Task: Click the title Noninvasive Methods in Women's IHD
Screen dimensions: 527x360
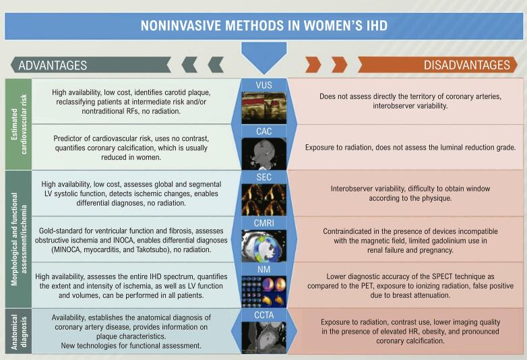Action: click(x=263, y=26)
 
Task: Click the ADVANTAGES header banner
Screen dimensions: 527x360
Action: click(x=91, y=65)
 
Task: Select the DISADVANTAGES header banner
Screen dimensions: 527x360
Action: click(x=437, y=65)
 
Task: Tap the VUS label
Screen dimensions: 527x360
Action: click(x=263, y=85)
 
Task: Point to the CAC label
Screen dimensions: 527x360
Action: click(x=263, y=131)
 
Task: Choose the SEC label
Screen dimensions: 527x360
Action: click(x=263, y=177)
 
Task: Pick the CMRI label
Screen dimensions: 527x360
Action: click(x=263, y=223)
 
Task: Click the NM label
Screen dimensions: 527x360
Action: click(x=263, y=269)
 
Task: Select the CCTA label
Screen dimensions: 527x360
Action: click(x=263, y=316)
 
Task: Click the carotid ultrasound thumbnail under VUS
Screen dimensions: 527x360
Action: click(x=263, y=108)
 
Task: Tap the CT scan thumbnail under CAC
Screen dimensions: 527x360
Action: click(x=263, y=154)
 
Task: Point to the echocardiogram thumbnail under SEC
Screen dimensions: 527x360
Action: click(x=263, y=200)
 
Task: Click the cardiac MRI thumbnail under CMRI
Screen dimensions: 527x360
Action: click(x=263, y=246)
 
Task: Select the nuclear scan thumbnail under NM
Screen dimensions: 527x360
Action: click(x=263, y=292)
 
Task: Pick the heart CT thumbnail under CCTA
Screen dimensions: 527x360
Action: click(x=263, y=337)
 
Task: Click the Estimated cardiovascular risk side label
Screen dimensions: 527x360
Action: click(x=19, y=124)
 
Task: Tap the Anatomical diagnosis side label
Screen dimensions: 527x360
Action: click(x=19, y=332)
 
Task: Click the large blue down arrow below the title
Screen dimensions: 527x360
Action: click(x=263, y=57)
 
